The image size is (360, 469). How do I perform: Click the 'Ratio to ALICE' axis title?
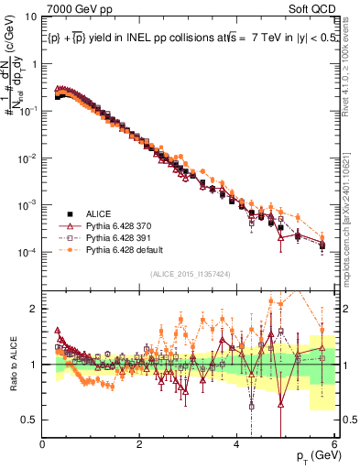(x=12, y=365)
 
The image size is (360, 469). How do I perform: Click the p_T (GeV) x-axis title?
(x=317, y=455)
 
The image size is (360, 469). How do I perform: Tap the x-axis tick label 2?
(x=139, y=444)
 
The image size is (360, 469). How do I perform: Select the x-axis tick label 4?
(x=236, y=444)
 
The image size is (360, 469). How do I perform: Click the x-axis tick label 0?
(x=42, y=444)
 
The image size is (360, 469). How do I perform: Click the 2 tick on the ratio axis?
(x=33, y=309)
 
